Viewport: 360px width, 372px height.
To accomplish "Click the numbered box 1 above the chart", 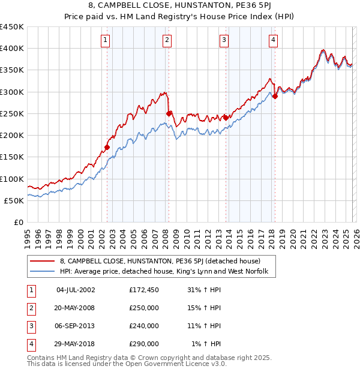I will (105, 40).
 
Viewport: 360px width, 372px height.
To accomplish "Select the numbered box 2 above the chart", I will (166, 40).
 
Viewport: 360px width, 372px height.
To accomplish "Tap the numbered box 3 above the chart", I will (224, 40).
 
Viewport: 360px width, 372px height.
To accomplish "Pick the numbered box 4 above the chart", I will (273, 40).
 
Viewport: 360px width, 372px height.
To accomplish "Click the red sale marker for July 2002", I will (107, 147).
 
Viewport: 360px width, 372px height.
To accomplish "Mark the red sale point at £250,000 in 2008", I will (169, 113).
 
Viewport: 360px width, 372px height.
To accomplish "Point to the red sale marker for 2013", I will (226, 118).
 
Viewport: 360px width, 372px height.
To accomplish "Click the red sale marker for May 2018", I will (275, 95).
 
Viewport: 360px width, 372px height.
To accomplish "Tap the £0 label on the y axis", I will (18, 223).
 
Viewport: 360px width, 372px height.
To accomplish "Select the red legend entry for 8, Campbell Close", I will (160, 261).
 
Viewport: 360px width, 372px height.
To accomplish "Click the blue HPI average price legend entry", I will (167, 272).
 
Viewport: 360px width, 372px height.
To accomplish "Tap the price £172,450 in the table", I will (144, 290).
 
